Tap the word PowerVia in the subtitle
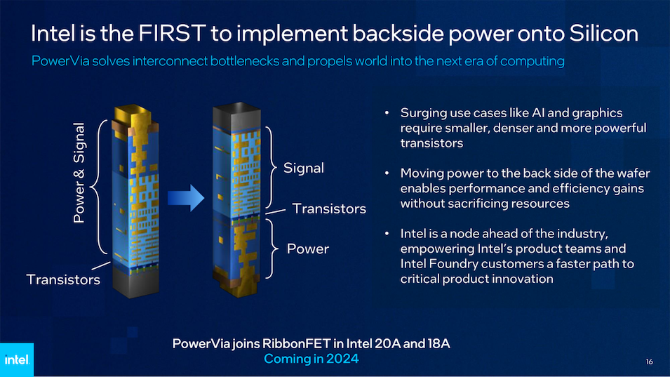click(x=59, y=61)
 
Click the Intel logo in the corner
click(x=16, y=360)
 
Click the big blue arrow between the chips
click(x=185, y=197)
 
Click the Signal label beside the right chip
click(x=304, y=168)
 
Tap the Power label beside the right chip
click(x=308, y=249)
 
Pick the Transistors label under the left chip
click(x=63, y=279)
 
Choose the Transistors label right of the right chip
click(x=329, y=209)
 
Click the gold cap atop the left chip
click(x=133, y=112)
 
